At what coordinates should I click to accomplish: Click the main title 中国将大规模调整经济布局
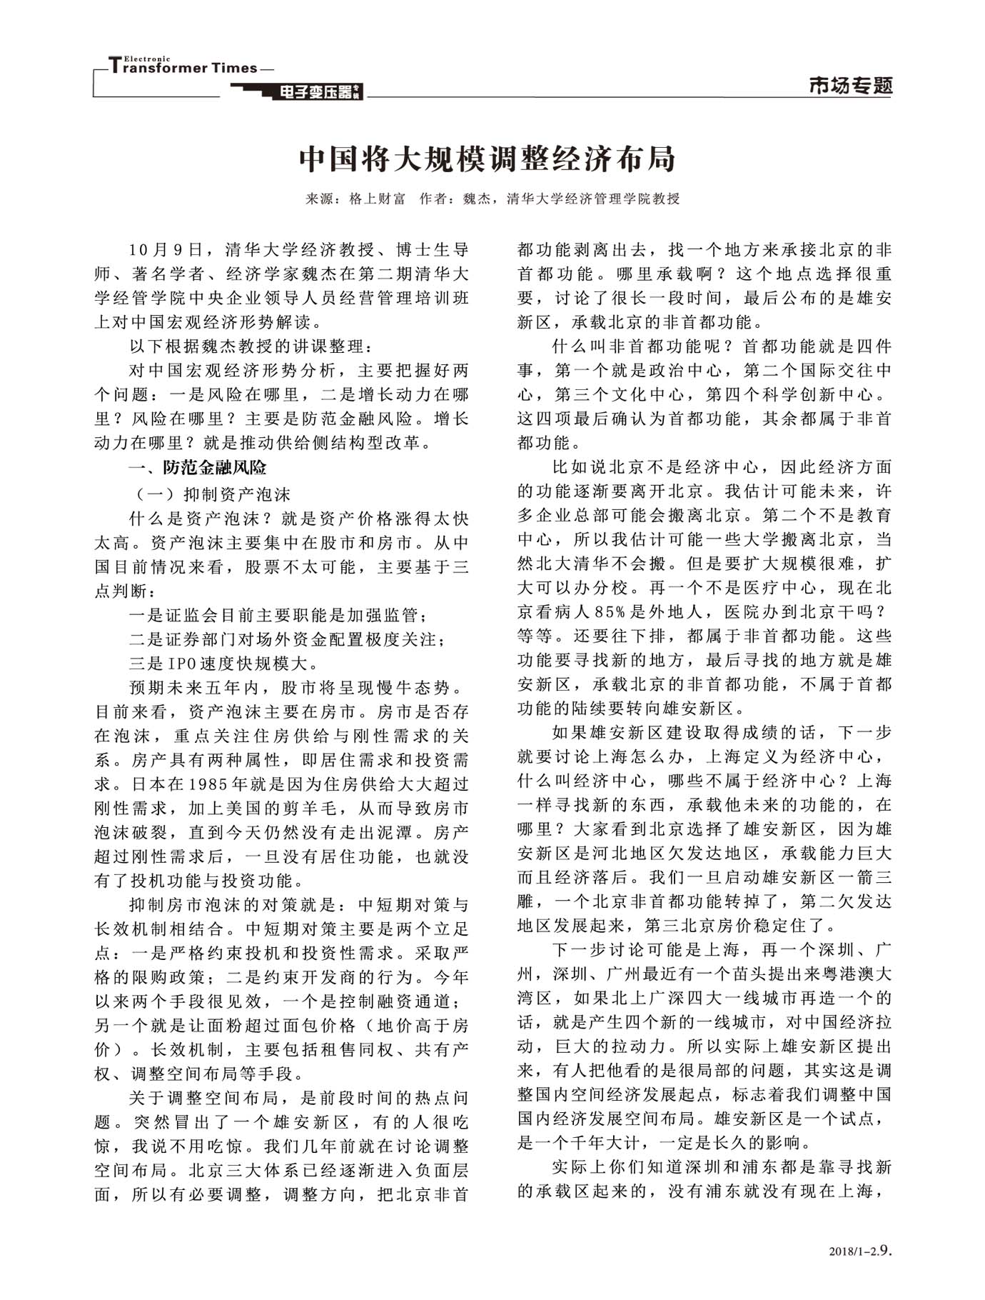click(488, 159)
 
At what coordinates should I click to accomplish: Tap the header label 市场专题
click(851, 86)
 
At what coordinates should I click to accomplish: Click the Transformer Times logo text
click(183, 68)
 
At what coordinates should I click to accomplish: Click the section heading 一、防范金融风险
click(197, 468)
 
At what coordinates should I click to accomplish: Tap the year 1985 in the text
click(208, 784)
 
